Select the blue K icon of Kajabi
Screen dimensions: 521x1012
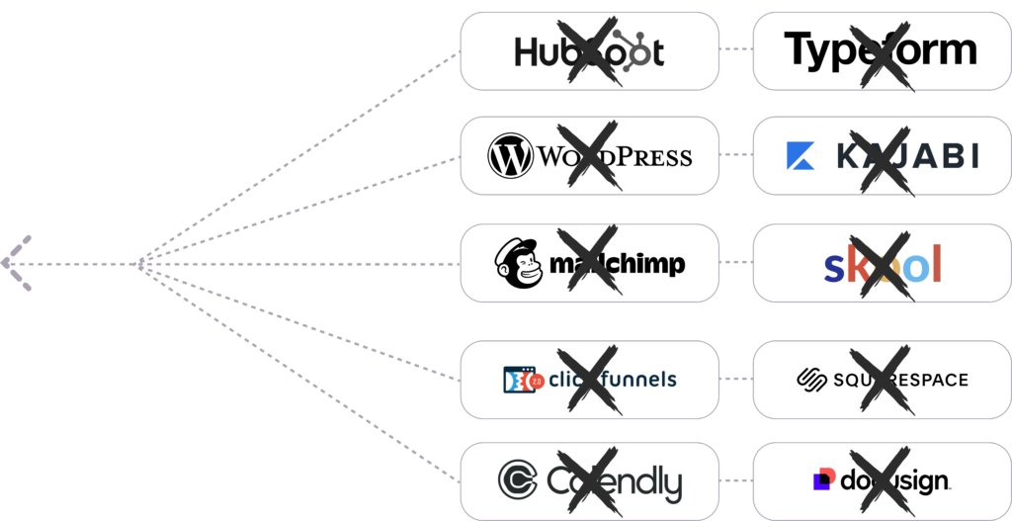click(x=800, y=156)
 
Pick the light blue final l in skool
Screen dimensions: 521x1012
click(x=936, y=263)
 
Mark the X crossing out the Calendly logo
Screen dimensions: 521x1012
click(x=590, y=481)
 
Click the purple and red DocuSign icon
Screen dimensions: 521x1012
click(x=822, y=479)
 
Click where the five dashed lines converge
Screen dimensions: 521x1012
click(x=140, y=263)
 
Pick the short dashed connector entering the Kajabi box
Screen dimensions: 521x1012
click(x=735, y=155)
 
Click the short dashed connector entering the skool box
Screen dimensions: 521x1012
click(x=735, y=263)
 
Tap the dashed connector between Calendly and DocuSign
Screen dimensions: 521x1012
click(x=735, y=480)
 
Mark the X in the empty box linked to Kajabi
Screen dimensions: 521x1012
click(x=590, y=156)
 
